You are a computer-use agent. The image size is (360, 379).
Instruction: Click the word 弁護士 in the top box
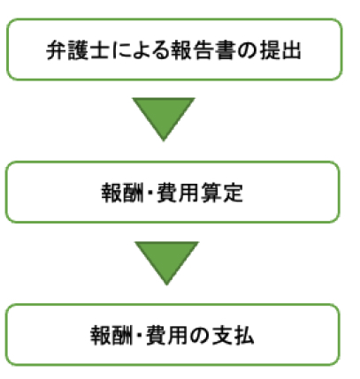click(x=78, y=50)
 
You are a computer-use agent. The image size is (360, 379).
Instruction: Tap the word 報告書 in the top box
click(x=203, y=50)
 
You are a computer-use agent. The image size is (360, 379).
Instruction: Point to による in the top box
click(x=141, y=50)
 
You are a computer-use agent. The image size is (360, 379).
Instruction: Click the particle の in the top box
click(x=247, y=50)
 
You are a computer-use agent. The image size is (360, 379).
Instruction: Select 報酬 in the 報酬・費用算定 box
click(x=122, y=193)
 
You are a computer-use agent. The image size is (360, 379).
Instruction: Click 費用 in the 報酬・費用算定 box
click(x=178, y=193)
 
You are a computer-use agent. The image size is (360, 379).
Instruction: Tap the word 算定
click(x=222, y=193)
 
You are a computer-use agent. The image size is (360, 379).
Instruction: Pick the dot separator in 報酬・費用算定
click(x=149, y=193)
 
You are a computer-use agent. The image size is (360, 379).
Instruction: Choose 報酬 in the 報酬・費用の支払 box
click(x=111, y=335)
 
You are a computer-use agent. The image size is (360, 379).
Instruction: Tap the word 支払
click(x=233, y=335)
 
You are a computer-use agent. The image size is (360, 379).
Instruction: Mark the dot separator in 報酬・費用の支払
click(x=139, y=335)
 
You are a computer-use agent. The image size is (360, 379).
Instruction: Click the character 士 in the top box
click(x=99, y=50)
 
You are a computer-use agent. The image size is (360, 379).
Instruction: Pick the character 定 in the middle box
click(x=233, y=193)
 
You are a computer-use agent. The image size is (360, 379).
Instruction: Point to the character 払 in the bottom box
click(x=243, y=335)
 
